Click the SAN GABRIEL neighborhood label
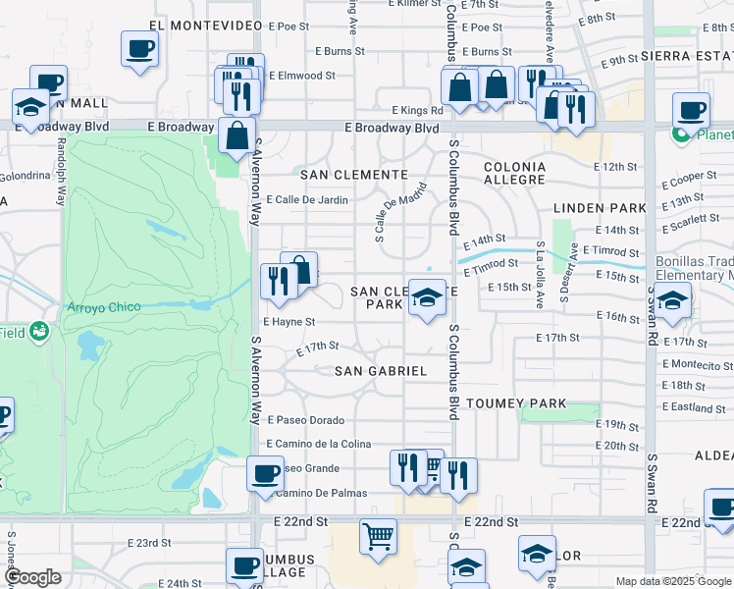pos(381,371)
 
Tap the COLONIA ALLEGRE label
pos(514,174)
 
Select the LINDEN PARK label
pos(600,208)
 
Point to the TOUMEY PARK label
pos(503,403)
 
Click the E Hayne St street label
pos(288,321)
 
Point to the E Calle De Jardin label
pos(307,200)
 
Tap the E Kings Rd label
pos(416,111)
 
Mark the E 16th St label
pos(619,317)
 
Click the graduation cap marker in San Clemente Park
pos(426,298)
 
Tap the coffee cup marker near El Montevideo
pos(139,48)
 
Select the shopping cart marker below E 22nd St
pos(378,537)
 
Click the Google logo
pos(32,577)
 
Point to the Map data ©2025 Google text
pos(672,581)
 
